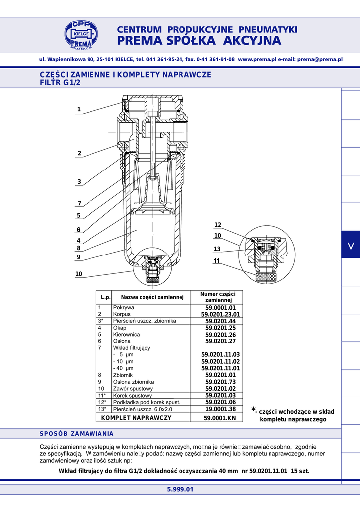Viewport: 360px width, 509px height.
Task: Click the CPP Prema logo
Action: [81, 35]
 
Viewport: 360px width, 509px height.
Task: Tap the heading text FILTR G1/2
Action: [60, 83]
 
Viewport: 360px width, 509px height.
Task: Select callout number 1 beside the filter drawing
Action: [79, 109]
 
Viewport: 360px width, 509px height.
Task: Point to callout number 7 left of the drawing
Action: [79, 203]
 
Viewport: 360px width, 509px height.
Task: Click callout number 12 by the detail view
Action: [217, 225]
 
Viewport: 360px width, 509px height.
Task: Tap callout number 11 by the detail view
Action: [217, 260]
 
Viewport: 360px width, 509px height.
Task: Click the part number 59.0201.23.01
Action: [220, 314]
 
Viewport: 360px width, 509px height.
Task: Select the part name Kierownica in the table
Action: [127, 335]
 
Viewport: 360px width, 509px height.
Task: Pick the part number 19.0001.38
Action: [220, 409]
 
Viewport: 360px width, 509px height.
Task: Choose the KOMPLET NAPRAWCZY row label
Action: [136, 418]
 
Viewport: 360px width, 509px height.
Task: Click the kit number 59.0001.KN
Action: [220, 418]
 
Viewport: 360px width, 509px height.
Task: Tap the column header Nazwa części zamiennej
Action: [153, 297]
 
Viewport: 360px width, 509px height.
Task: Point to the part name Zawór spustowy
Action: [133, 389]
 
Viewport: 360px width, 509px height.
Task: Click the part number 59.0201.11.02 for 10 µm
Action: [220, 362]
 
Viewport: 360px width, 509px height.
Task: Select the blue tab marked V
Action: [351, 245]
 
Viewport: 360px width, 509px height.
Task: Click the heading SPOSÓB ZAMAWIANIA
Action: [77, 434]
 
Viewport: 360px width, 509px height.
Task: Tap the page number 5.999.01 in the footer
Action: [180, 489]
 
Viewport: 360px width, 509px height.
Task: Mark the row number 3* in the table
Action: [101, 321]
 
